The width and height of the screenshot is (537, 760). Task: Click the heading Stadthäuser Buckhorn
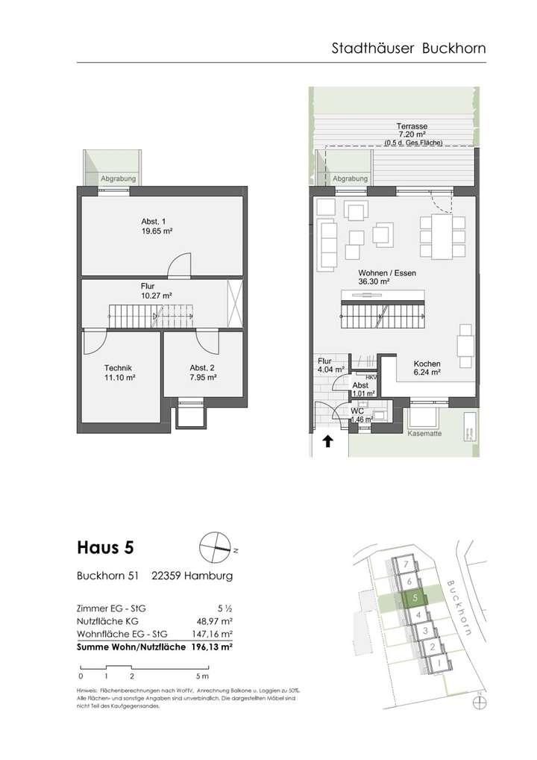pos(408,49)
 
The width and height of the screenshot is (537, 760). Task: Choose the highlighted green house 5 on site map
pos(414,598)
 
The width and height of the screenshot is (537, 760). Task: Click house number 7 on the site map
pos(403,564)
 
